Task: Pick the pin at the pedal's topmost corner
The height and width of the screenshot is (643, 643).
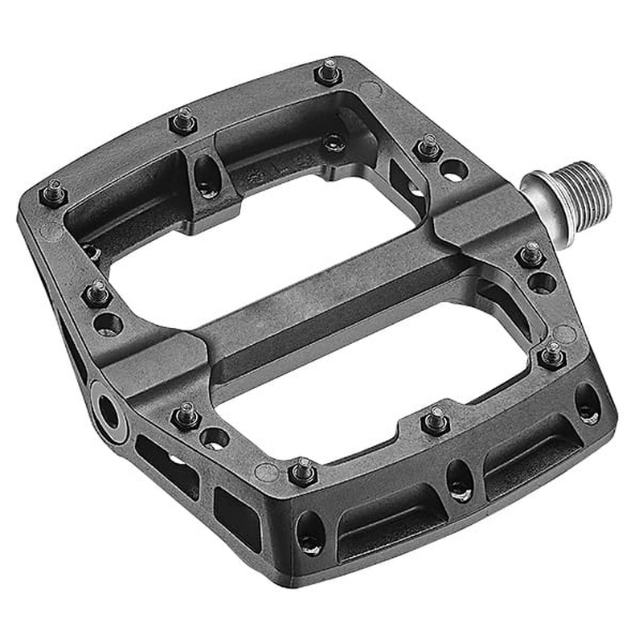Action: [x=328, y=72]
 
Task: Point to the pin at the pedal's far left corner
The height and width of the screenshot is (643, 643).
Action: [x=54, y=193]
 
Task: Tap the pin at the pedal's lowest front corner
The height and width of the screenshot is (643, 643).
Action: [x=303, y=469]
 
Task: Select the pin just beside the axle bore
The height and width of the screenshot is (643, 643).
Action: [x=186, y=416]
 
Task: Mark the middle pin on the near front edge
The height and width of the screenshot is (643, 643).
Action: [x=436, y=420]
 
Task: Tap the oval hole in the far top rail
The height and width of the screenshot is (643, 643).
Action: [x=207, y=172]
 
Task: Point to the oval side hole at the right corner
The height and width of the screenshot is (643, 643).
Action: [x=588, y=403]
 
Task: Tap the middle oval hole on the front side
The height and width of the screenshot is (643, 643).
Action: [x=459, y=481]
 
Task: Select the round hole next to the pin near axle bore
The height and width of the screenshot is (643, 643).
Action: [x=214, y=438]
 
